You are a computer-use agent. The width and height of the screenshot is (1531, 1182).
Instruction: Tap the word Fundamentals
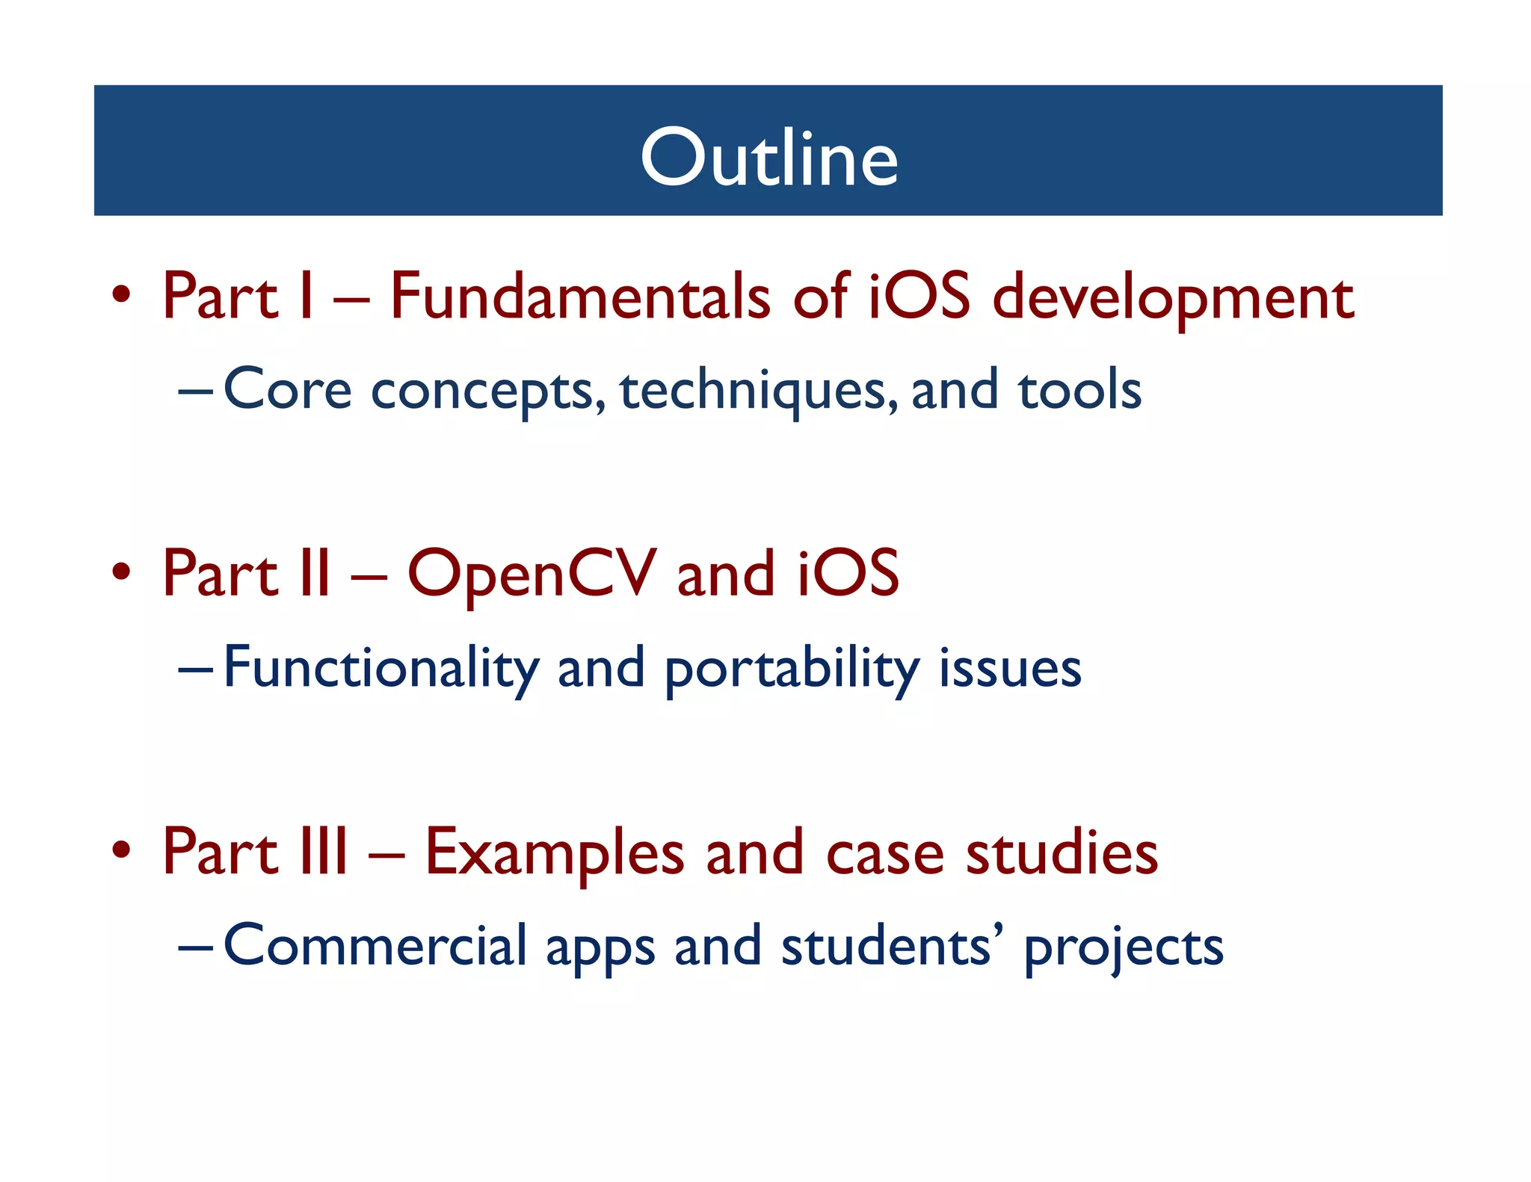point(580,297)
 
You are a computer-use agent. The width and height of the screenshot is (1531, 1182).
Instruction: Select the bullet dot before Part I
point(121,294)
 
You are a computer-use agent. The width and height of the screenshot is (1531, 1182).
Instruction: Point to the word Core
point(287,390)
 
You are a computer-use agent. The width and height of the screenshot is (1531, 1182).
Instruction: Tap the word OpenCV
point(532,575)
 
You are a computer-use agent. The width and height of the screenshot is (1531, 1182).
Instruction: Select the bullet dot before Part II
point(121,572)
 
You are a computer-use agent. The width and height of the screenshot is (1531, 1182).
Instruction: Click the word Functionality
point(381,668)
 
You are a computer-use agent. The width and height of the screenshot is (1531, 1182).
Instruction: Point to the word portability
point(792,669)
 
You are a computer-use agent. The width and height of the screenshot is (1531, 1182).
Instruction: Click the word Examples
point(554,853)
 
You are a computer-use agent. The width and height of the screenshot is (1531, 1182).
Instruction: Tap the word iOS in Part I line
point(919,297)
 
